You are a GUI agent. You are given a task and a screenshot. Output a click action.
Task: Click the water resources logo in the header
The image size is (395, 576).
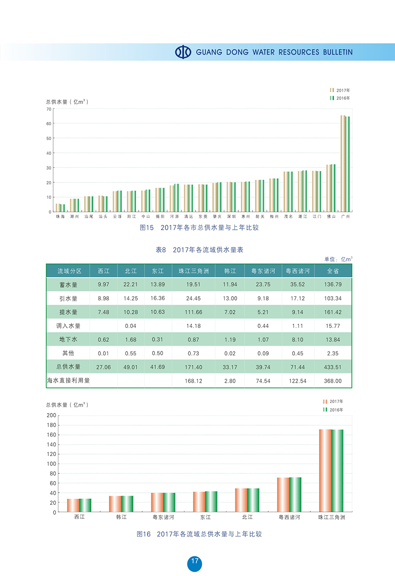[183, 52]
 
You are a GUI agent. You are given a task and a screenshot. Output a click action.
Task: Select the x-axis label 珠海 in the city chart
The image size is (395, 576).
[60, 217]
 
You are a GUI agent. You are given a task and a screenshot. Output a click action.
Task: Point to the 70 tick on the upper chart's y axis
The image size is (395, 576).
[49, 109]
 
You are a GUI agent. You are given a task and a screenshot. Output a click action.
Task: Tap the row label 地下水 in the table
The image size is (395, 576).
[68, 340]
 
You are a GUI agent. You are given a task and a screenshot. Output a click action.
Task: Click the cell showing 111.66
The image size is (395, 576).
[194, 312]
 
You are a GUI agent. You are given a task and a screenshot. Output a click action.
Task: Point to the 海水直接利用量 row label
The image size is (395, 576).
[68, 380]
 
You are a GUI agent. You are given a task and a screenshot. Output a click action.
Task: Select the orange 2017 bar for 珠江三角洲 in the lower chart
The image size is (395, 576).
[325, 471]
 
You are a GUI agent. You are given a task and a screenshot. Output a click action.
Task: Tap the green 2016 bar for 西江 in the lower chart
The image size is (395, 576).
[85, 505]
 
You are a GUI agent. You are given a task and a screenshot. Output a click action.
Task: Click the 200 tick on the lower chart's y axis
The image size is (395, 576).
[51, 416]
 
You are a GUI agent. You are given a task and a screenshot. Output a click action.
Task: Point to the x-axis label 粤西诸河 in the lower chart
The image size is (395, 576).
[290, 518]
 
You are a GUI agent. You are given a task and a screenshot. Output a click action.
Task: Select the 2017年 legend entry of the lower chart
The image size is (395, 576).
[333, 402]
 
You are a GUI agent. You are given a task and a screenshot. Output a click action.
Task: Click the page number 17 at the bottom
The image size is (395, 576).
[194, 561]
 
